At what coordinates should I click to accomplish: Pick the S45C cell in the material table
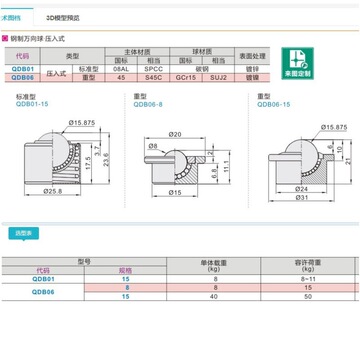181,76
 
